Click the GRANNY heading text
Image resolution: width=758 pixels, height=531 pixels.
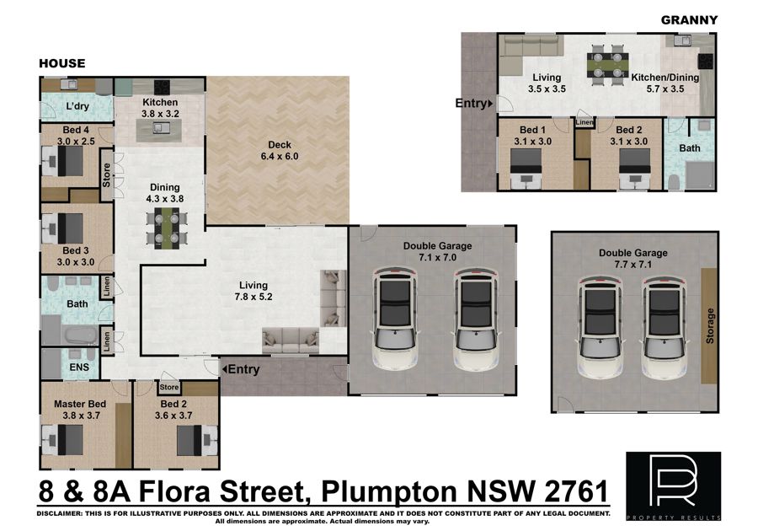[689, 20]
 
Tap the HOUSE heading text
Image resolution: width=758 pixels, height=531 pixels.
[61, 63]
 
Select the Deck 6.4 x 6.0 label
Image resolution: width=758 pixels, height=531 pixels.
[280, 150]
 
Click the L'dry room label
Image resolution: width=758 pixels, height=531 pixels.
[77, 106]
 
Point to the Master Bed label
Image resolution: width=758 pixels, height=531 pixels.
[80, 404]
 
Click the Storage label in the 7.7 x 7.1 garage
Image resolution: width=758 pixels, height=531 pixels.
[710, 326]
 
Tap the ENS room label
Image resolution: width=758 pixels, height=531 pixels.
[79, 367]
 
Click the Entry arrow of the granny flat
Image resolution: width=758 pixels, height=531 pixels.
[491, 103]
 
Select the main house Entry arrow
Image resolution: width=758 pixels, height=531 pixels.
[224, 369]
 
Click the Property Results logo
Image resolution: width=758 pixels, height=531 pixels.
[674, 486]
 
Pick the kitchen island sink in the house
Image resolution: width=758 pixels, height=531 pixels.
[158, 127]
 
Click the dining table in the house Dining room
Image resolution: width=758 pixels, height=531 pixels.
[165, 228]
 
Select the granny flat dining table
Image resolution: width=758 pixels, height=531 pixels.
[607, 64]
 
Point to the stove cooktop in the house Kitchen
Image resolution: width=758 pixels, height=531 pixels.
[162, 87]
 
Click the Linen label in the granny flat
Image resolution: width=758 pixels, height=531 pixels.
[585, 122]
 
